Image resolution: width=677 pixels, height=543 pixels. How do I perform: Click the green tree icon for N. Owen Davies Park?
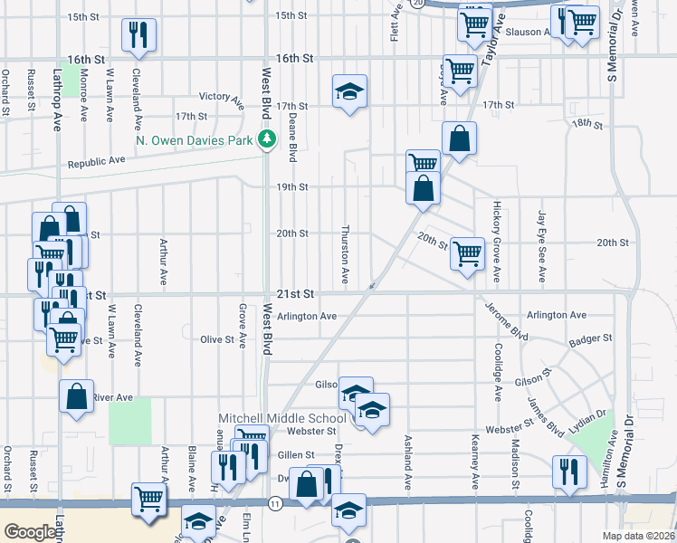pyautogui.click(x=266, y=139)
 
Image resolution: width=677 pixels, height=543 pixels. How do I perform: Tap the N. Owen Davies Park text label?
pyautogui.click(x=194, y=140)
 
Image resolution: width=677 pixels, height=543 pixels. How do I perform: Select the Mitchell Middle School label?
pyautogui.click(x=282, y=418)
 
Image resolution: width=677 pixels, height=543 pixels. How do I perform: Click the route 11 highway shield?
pyautogui.click(x=272, y=501)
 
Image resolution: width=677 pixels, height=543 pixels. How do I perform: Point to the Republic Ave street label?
pyautogui.click(x=97, y=164)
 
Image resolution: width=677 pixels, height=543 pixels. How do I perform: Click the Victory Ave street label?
pyautogui.click(x=222, y=96)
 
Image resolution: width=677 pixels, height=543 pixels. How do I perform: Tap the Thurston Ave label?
pyautogui.click(x=345, y=252)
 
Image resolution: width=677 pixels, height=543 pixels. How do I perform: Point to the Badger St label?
pyautogui.click(x=591, y=338)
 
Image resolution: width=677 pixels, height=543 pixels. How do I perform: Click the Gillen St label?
pyautogui.click(x=295, y=455)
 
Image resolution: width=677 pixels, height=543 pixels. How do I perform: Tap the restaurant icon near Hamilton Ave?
pyautogui.click(x=567, y=472)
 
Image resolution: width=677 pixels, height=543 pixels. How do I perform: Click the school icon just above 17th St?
pyautogui.click(x=349, y=90)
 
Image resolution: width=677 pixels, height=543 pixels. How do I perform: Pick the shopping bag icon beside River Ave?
pyautogui.click(x=77, y=395)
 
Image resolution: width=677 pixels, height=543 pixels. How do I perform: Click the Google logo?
pyautogui.click(x=30, y=532)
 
